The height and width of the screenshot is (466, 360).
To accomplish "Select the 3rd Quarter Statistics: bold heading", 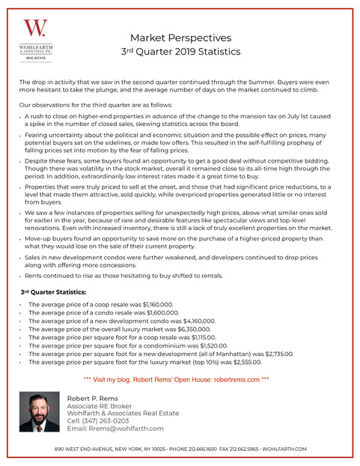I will pyautogui.click(x=53, y=291).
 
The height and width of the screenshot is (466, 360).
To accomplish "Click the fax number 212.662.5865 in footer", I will pyautogui.click(x=242, y=448).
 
